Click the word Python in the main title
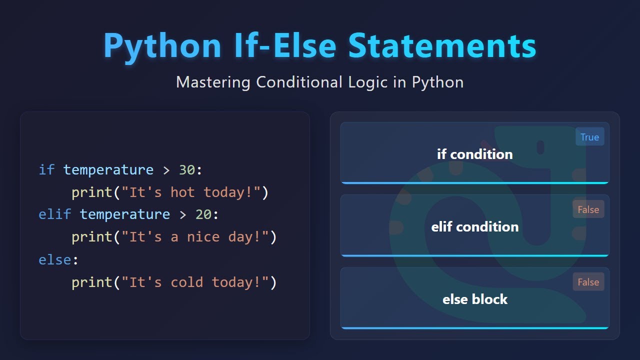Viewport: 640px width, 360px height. tap(162, 46)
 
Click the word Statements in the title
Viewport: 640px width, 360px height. tap(442, 46)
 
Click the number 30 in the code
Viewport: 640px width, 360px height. tap(186, 170)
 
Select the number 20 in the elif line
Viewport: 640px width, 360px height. tap(203, 214)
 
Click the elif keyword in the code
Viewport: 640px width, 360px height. tap(54, 214)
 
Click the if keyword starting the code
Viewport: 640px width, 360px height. tap(46, 170)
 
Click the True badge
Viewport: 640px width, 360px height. tap(589, 137)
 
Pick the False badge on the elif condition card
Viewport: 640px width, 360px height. tap(588, 209)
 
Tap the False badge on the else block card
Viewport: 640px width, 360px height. tap(588, 282)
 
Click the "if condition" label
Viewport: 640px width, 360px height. tap(474, 154)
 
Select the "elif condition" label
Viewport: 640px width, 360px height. tap(474, 226)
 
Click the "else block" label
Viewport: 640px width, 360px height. tap(474, 299)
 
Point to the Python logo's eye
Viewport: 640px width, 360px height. tap(540, 147)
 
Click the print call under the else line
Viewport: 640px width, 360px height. tap(91, 282)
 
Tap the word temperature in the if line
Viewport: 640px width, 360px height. tap(108, 170)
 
